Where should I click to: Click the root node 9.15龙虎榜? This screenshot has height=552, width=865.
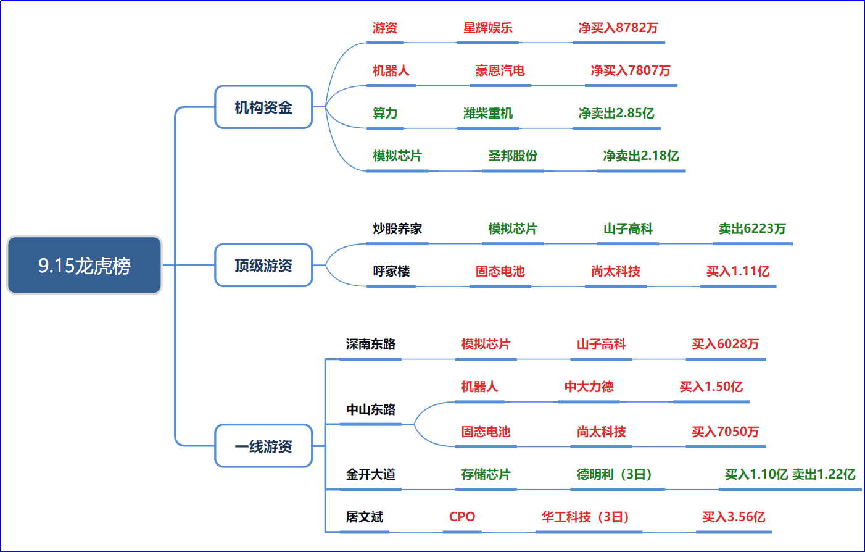[x=84, y=265]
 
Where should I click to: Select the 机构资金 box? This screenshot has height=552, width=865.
[x=263, y=107]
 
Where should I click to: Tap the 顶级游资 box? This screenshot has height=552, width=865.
[x=263, y=265]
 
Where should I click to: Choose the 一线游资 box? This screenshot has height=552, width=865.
[x=263, y=446]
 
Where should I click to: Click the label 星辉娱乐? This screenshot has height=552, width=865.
[x=488, y=28]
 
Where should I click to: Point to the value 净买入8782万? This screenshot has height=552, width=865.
[x=618, y=28]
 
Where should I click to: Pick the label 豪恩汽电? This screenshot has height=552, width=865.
[x=500, y=70]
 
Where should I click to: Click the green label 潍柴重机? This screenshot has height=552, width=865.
[x=488, y=113]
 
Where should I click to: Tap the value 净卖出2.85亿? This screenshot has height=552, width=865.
[x=616, y=113]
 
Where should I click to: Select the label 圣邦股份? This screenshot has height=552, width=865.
[x=513, y=156]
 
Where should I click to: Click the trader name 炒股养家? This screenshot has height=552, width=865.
[x=397, y=228]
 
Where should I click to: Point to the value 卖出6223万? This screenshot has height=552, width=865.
[x=752, y=228]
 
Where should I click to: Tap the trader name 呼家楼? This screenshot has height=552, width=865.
[x=391, y=271]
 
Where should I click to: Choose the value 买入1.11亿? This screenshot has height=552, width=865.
[x=738, y=271]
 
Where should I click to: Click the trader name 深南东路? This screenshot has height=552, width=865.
[x=370, y=344]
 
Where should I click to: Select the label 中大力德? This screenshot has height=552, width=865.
[x=589, y=387]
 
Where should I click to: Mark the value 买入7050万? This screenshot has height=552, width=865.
[x=725, y=432]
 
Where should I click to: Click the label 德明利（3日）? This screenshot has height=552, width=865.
[x=615, y=474]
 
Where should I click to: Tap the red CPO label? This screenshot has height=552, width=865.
[x=462, y=517]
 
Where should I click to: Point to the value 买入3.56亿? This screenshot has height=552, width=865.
[x=734, y=517]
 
